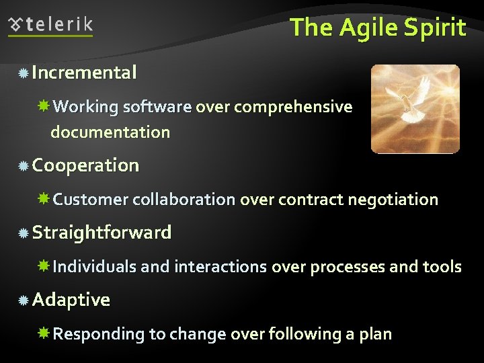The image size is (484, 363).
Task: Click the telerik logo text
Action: click(59, 26)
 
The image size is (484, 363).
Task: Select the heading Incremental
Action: click(84, 72)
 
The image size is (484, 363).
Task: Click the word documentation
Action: click(110, 132)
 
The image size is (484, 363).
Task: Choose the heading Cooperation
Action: click(85, 165)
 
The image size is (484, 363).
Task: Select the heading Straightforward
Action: click(102, 233)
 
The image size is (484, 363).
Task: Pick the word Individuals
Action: click(95, 267)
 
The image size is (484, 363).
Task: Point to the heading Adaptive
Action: click(71, 300)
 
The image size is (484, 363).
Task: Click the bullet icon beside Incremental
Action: click(24, 73)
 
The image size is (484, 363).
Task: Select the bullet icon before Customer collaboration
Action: click(44, 200)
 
